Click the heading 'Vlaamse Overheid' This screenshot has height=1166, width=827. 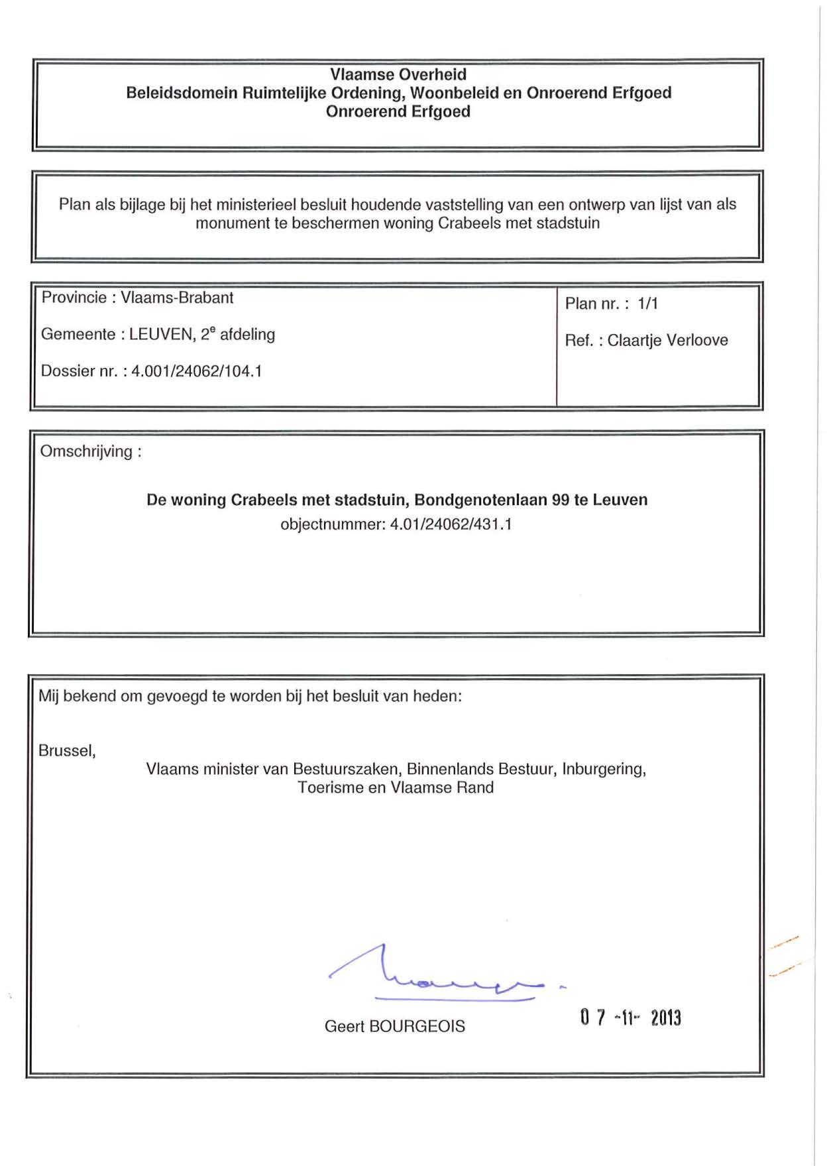(x=398, y=74)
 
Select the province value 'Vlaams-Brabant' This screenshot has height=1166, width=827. (x=177, y=298)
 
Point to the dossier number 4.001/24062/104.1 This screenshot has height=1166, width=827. (x=197, y=371)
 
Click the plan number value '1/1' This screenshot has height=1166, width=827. (x=647, y=304)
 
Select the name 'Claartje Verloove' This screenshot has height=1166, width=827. (x=667, y=340)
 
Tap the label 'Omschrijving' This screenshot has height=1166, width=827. (x=87, y=451)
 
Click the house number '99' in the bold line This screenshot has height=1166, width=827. (x=561, y=500)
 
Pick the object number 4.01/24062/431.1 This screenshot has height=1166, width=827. (x=451, y=524)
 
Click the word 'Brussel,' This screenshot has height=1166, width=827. (x=67, y=750)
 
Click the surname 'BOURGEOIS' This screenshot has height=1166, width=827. (x=417, y=1026)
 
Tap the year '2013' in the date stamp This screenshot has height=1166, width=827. (x=665, y=1018)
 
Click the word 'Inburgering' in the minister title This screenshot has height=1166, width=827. (x=603, y=769)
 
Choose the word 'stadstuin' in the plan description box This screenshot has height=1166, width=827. (x=568, y=223)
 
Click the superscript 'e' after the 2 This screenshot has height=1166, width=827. (x=213, y=329)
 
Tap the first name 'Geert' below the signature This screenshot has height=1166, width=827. (x=344, y=1026)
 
